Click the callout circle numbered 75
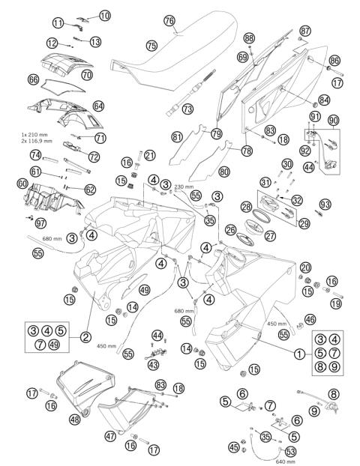[151, 46]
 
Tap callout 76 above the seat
[169, 20]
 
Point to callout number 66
[33, 79]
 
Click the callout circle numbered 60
[22, 183]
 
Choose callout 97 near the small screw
[40, 223]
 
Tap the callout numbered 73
[187, 109]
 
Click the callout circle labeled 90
[334, 121]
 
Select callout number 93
[324, 204]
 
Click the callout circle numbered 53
[291, 452]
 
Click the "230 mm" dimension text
[184, 187]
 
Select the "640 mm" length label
[285, 462]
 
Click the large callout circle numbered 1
[299, 353]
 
